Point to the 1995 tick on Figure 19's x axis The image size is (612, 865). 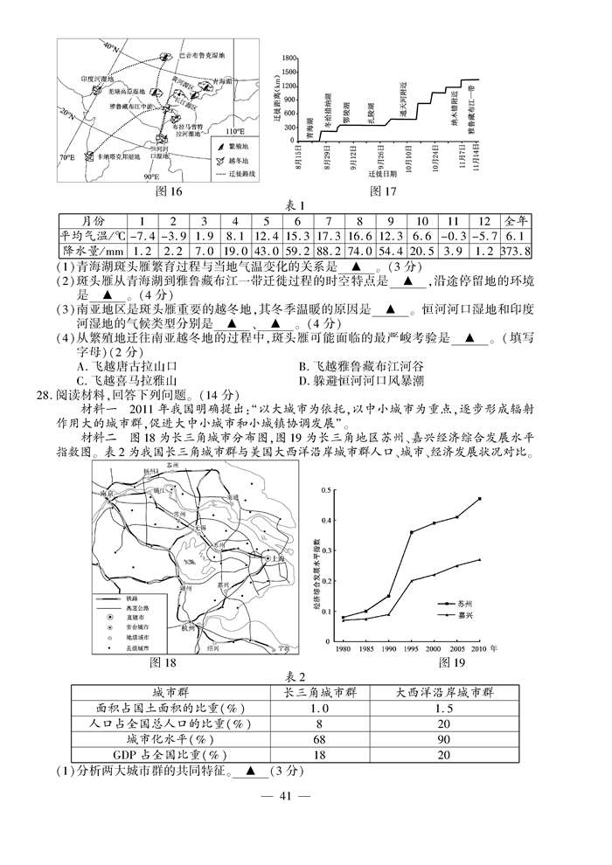(x=411, y=648)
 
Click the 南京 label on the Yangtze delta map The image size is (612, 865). (x=108, y=495)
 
